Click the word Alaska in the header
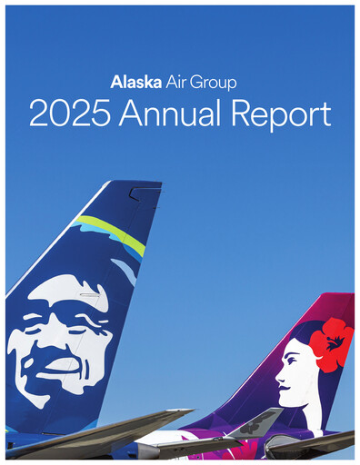point(135,82)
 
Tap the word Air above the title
point(176,82)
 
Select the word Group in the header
point(214,83)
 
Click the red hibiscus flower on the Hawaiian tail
point(330,343)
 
